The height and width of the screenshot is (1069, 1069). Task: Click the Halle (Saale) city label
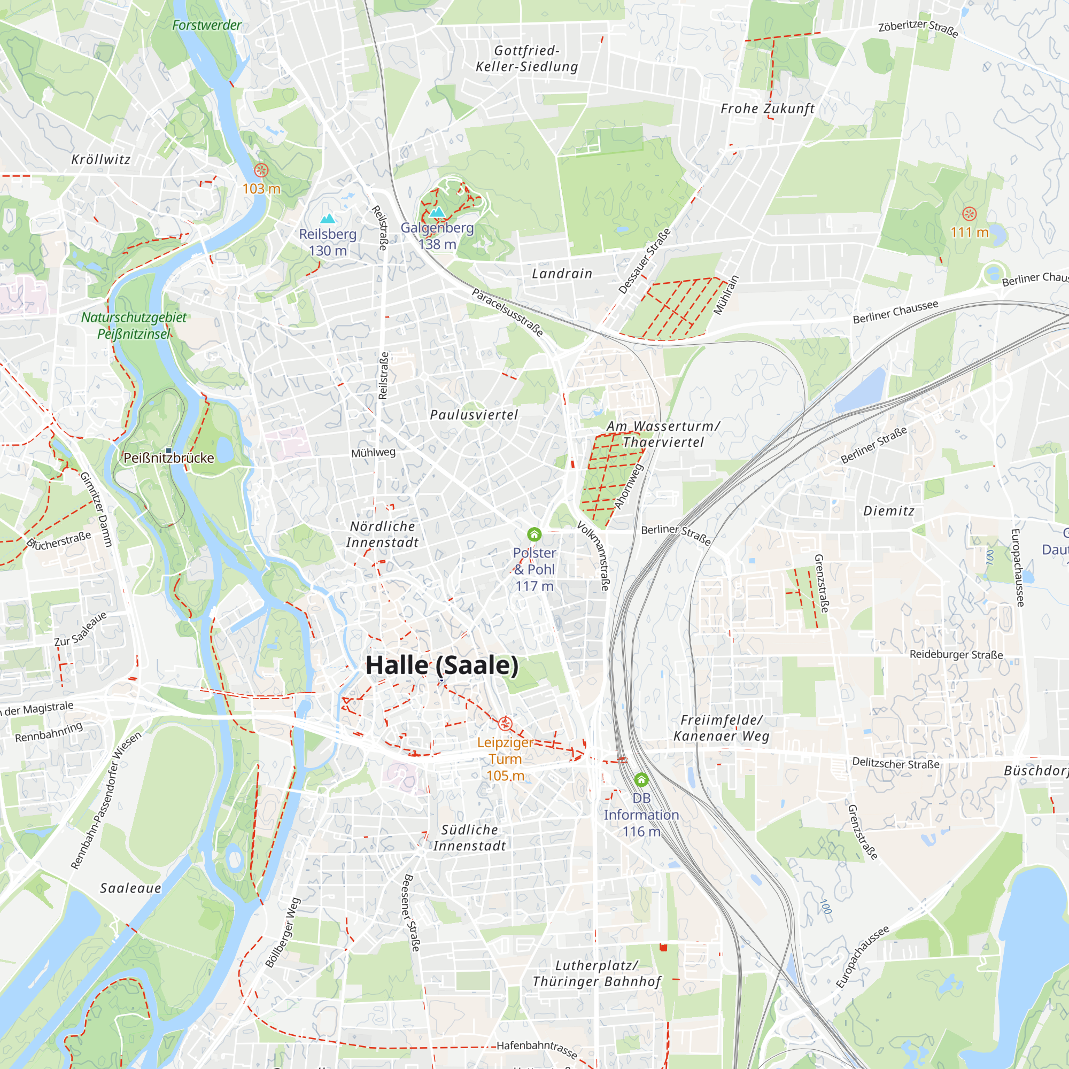pos(442,665)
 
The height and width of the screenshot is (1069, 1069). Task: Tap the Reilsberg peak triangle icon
pos(328,219)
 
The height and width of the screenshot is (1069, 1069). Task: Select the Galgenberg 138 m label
pos(437,236)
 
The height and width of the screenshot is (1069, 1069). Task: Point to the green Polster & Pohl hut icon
pos(534,534)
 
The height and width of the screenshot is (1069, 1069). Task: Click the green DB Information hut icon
pos(641,780)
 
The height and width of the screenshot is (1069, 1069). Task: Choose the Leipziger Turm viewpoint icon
pos(505,723)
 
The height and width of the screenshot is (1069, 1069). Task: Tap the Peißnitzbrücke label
pos(168,458)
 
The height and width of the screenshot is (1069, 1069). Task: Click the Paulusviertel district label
pos(474,414)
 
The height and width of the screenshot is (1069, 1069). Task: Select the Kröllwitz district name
pos(100,159)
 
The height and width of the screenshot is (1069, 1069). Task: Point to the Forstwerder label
pos(206,25)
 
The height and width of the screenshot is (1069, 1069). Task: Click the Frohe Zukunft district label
pos(768,109)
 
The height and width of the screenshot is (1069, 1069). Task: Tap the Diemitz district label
pos(889,510)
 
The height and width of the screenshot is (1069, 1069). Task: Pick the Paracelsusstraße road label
pos(507,312)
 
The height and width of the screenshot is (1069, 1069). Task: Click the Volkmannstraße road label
pos(593,555)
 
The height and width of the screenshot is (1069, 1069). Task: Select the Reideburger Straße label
pos(956,655)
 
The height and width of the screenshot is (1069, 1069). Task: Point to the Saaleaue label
pos(130,888)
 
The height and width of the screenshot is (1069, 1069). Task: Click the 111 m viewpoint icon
pos(969,214)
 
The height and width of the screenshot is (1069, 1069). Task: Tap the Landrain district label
pos(562,273)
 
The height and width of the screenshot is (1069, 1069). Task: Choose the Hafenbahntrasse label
pos(537,1049)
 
